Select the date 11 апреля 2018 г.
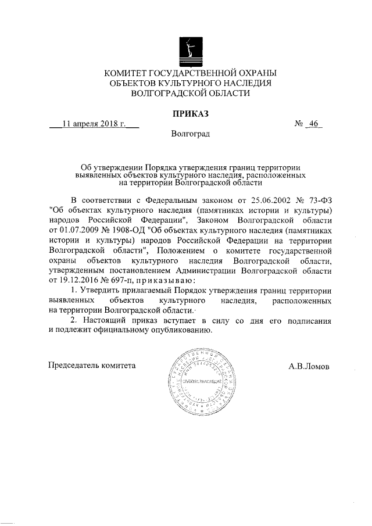pyautogui.click(x=94, y=124)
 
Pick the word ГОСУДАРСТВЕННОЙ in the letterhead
pyautogui.click(x=191, y=73)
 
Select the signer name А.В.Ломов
pyautogui.click(x=309, y=367)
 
